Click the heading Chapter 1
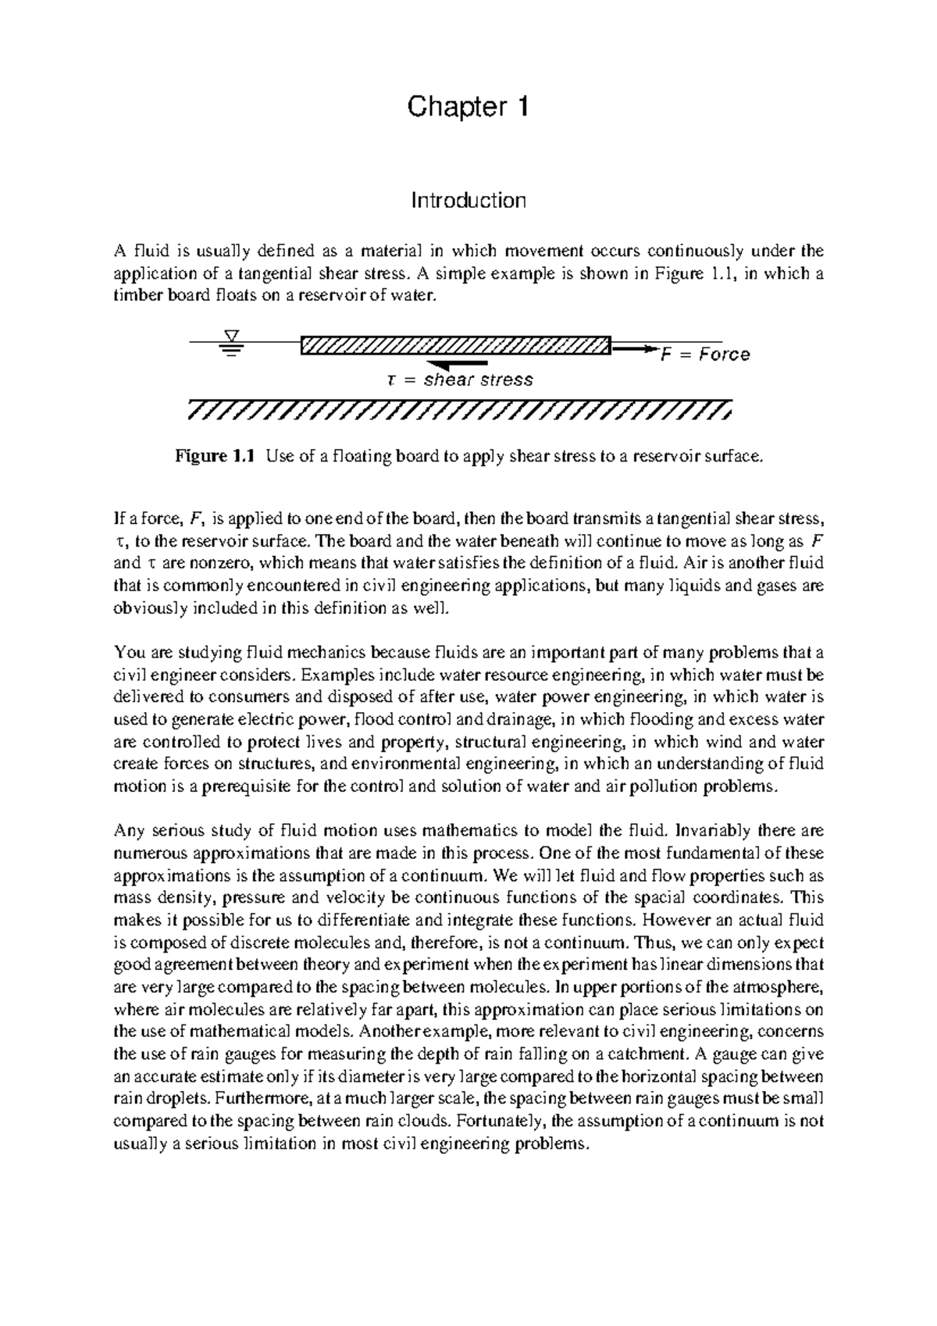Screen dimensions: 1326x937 [x=468, y=107]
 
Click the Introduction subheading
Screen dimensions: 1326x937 [x=468, y=201]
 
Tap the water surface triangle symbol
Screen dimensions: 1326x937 [x=230, y=336]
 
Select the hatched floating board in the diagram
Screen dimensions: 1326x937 [x=454, y=344]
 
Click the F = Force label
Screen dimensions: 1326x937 [x=705, y=355]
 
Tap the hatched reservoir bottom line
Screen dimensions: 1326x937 [x=461, y=410]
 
